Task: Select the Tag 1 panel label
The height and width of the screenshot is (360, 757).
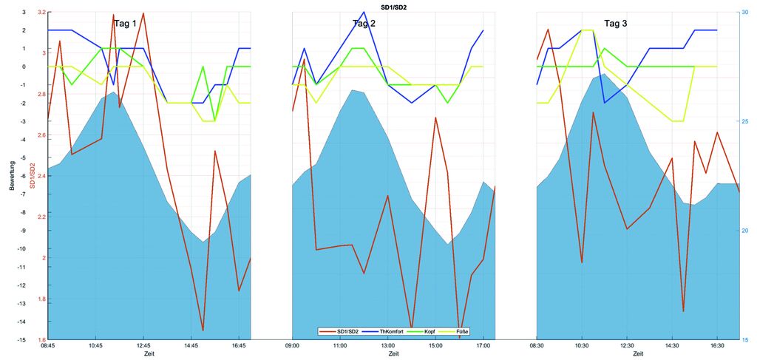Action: pos(125,24)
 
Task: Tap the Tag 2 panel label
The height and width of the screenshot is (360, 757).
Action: pos(363,24)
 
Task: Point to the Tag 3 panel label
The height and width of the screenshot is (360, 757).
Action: pos(616,24)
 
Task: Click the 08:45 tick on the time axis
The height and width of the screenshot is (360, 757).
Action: pos(47,345)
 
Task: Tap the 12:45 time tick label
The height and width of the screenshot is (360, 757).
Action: pos(143,345)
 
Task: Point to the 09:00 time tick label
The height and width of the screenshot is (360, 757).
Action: pos(292,345)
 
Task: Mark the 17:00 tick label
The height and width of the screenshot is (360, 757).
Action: pos(483,345)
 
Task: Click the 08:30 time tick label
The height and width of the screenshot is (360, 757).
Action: pos(537,345)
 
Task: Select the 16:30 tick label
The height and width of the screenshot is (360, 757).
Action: pos(717,345)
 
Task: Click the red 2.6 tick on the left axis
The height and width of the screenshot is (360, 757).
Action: pos(41,135)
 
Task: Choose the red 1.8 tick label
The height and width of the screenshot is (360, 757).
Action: pos(41,299)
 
